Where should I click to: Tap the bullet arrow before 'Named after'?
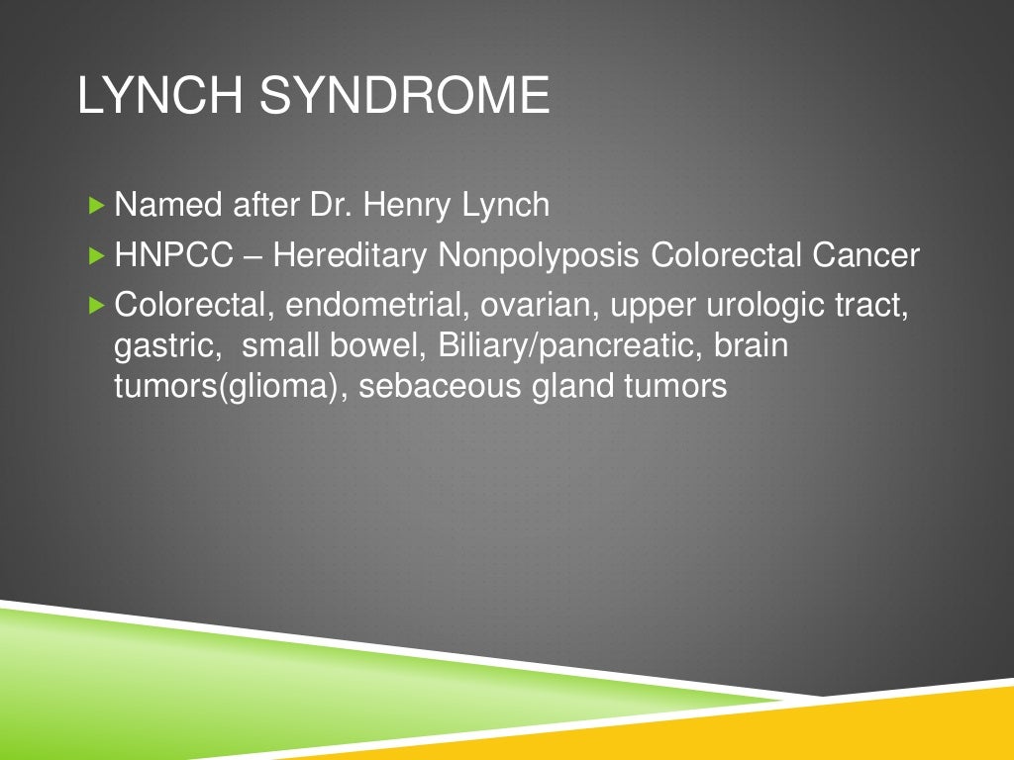tap(95, 206)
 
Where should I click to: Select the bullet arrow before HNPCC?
tap(95, 256)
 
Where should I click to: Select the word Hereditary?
tap(351, 256)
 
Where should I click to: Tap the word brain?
tap(751, 346)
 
